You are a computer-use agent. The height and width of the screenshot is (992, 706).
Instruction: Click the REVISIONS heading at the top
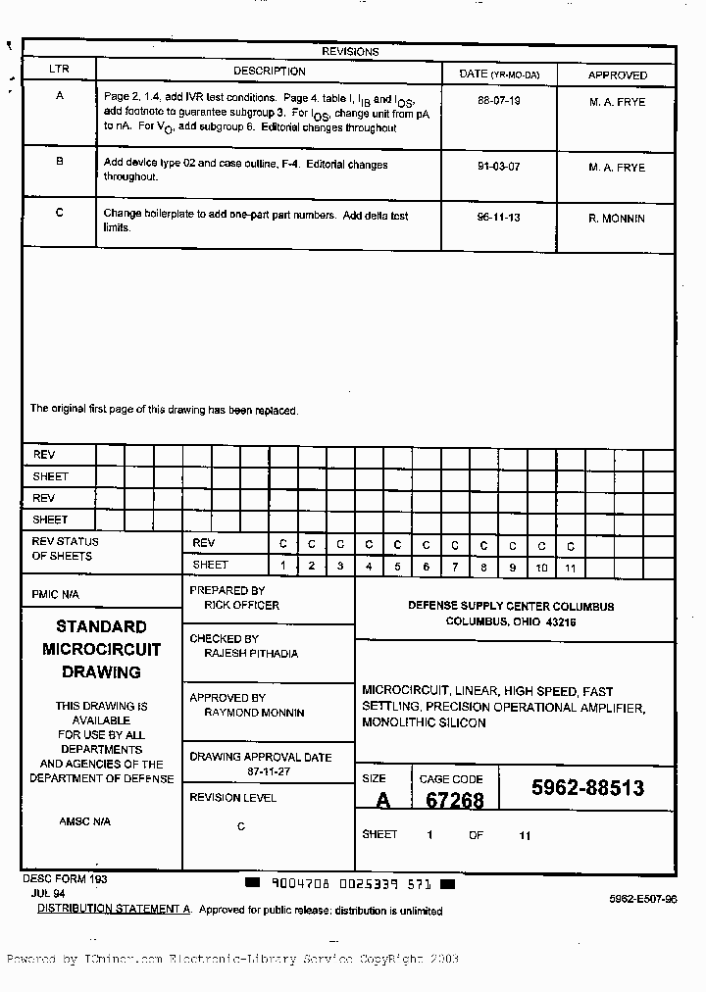(x=350, y=52)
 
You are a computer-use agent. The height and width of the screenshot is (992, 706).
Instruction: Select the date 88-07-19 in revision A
(x=498, y=101)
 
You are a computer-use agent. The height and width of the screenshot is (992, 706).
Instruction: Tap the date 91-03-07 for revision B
(x=498, y=167)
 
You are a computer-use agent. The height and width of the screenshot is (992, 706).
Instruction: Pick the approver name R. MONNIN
(x=616, y=219)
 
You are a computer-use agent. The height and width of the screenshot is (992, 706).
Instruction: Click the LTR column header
(x=59, y=71)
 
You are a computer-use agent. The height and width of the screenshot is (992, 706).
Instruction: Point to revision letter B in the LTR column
(x=59, y=162)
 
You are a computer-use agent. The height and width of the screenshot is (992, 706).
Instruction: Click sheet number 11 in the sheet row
(x=570, y=568)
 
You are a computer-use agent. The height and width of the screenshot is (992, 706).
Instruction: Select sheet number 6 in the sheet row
(x=426, y=568)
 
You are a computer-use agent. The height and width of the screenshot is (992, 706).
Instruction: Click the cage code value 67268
(x=454, y=801)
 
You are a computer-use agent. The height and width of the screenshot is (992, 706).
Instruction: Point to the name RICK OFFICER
(x=241, y=606)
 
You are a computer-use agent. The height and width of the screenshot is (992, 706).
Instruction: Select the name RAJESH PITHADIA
(x=251, y=653)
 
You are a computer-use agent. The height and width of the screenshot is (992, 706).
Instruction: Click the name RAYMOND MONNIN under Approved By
(x=254, y=713)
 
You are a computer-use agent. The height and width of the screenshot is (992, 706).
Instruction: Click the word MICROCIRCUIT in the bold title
(x=101, y=649)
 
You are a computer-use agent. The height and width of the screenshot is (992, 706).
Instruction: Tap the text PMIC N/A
(x=55, y=595)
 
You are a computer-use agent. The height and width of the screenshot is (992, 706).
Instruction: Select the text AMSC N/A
(x=84, y=821)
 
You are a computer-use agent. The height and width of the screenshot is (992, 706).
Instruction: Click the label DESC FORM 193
(x=65, y=880)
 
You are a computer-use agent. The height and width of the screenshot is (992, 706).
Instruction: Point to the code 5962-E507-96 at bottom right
(x=642, y=899)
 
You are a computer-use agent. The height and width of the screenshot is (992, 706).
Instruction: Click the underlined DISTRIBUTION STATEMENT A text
(x=114, y=910)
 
